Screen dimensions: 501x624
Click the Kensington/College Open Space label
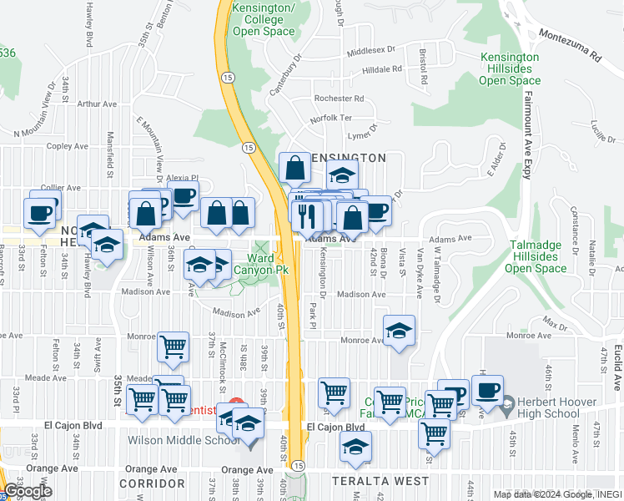[264, 20]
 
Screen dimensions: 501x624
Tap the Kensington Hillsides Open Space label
[509, 68]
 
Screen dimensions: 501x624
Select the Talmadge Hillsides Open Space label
[536, 256]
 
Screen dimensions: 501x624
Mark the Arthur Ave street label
[97, 104]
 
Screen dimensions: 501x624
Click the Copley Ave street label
[68, 146]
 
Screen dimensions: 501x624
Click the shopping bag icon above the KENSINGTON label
[294, 168]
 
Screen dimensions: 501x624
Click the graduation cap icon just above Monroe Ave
[399, 329]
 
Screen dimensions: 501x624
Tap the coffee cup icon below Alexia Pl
[183, 197]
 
